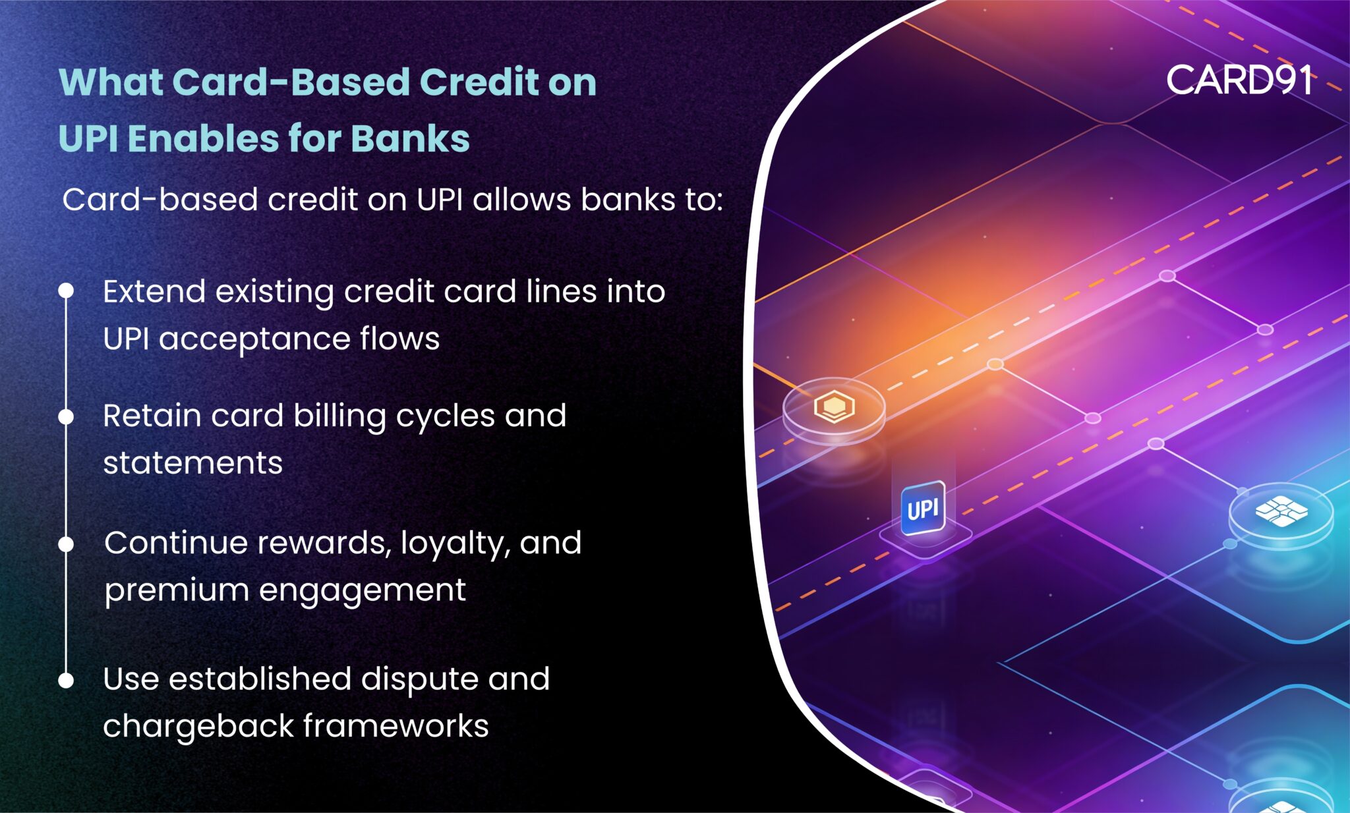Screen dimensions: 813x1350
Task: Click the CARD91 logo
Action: click(1239, 81)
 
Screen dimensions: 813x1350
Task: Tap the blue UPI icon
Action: click(923, 509)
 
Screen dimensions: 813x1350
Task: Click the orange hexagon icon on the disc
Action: click(834, 406)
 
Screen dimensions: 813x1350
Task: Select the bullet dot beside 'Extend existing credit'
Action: click(66, 291)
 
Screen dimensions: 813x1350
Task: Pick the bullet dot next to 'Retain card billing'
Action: click(66, 416)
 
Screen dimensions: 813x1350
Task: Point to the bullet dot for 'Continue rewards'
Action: click(66, 544)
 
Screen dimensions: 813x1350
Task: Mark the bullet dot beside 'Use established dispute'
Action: click(66, 681)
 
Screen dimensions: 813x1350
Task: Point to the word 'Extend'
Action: click(154, 291)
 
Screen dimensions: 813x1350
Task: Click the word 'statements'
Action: click(192, 463)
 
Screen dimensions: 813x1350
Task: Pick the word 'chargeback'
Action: click(198, 726)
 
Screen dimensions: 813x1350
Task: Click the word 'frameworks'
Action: click(396, 726)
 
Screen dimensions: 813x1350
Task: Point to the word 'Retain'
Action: click(152, 416)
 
